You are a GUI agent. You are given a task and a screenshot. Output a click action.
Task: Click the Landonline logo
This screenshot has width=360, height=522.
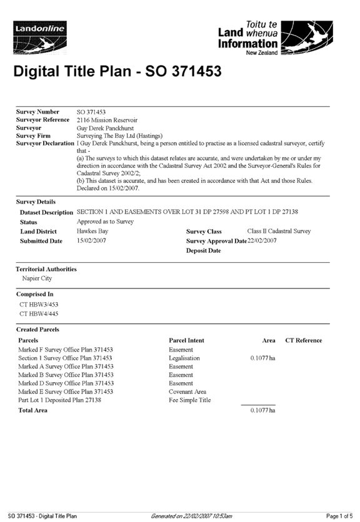click(x=40, y=37)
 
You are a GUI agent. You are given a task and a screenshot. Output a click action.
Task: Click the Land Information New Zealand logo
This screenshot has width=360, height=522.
click(x=276, y=38)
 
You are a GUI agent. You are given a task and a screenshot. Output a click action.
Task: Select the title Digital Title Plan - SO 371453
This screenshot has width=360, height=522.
click(x=117, y=71)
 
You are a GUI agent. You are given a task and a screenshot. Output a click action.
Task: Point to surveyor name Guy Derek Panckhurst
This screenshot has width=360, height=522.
click(x=105, y=128)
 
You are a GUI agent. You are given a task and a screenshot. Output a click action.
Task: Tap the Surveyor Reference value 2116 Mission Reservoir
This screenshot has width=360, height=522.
click(x=107, y=120)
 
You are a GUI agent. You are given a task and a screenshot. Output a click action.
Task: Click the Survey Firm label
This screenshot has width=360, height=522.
click(x=33, y=136)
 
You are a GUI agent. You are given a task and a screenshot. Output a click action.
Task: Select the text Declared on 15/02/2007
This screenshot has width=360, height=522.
click(x=108, y=188)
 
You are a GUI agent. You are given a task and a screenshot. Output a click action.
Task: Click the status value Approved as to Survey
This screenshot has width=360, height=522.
click(x=105, y=222)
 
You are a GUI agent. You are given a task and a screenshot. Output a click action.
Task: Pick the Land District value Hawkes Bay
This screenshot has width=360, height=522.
click(x=92, y=231)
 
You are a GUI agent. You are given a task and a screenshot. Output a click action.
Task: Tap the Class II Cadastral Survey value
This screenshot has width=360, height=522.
click(x=279, y=231)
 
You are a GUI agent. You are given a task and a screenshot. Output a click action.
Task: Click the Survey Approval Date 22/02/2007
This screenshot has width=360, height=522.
click(x=262, y=240)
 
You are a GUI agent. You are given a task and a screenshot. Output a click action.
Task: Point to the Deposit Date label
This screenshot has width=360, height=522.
click(x=203, y=250)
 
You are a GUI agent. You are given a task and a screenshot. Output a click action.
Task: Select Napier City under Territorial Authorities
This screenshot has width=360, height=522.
click(x=37, y=278)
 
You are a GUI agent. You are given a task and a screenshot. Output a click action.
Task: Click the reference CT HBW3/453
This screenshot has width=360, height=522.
click(x=39, y=304)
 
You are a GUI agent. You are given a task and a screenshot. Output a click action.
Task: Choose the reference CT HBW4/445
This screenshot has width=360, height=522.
click(x=39, y=313)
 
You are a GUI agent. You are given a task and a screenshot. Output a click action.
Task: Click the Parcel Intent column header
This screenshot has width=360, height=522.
click(x=186, y=340)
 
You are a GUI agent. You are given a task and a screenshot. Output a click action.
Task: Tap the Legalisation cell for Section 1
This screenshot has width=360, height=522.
click(x=184, y=358)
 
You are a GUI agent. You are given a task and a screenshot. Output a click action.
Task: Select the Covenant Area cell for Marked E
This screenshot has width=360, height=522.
click(x=187, y=392)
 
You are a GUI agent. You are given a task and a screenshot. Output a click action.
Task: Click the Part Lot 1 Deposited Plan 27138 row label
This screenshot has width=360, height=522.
click(x=59, y=400)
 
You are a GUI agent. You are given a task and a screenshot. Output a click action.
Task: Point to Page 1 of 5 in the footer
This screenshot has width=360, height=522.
click(x=339, y=516)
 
